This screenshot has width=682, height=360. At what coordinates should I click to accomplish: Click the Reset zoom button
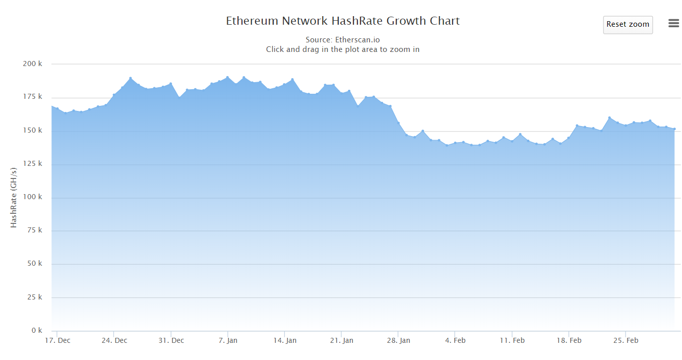coord(628,25)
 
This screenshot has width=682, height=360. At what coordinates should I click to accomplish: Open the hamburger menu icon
coord(673,23)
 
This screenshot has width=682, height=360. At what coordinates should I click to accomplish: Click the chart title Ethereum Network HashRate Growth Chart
coord(343,21)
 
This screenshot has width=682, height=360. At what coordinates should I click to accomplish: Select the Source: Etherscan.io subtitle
coord(343,40)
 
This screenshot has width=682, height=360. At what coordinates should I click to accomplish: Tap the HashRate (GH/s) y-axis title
coord(14,198)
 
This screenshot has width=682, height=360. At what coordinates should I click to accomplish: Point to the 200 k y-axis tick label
coord(33,64)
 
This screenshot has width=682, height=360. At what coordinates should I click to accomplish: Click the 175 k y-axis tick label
coord(33,97)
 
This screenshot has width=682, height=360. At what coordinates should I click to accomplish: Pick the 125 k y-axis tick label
coord(33,164)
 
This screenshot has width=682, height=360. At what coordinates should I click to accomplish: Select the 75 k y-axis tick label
coord(35,230)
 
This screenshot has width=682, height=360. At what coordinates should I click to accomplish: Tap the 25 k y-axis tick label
coord(35,297)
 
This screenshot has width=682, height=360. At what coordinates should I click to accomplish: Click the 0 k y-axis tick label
coord(37,330)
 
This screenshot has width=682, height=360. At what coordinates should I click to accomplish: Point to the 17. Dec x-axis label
coord(57,340)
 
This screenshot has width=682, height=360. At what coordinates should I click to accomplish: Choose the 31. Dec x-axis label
coord(171,340)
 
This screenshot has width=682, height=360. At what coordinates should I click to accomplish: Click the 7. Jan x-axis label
coord(228,340)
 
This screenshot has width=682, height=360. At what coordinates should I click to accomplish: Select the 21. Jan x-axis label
coord(342,340)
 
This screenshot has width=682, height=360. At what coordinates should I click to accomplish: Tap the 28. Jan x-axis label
coord(398,340)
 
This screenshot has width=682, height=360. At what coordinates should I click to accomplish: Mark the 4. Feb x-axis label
coord(455,340)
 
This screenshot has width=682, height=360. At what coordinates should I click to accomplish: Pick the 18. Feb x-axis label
coord(569,340)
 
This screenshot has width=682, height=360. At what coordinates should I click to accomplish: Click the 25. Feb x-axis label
coord(626,340)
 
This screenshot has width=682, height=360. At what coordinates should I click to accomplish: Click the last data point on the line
coord(674,129)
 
